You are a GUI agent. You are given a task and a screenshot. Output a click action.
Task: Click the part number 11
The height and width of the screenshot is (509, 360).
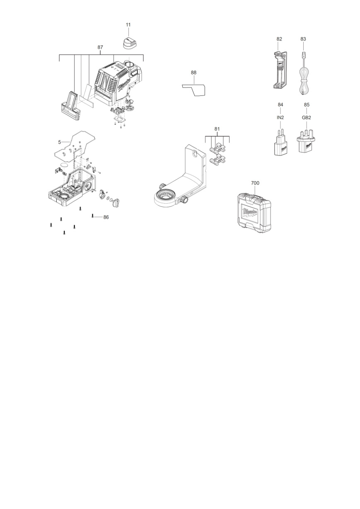point(128,24)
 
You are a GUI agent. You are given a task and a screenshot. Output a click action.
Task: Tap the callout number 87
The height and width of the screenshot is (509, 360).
point(100,47)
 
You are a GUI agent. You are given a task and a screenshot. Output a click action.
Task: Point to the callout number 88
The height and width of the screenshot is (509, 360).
point(193,73)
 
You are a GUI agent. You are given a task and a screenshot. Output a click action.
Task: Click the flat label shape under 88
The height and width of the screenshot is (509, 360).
point(195,90)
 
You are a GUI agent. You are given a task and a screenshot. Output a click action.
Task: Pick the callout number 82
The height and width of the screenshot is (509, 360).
point(279,39)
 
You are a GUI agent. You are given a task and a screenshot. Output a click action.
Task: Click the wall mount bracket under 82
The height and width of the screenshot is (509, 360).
point(280,70)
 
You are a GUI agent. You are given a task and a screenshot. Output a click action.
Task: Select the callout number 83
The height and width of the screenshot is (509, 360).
point(303,39)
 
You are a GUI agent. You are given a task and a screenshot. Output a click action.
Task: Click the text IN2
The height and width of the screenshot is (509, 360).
point(280,117)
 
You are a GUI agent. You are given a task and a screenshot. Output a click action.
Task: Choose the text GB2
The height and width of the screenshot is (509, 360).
point(307,117)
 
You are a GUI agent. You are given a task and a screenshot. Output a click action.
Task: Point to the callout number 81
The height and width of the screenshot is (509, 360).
point(217,129)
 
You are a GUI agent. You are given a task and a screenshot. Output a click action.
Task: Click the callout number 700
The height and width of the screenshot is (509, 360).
point(255,183)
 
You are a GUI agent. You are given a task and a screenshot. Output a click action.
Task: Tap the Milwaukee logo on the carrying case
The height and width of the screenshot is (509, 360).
point(250,213)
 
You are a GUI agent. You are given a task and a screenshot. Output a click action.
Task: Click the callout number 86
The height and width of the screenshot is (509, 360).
point(106,217)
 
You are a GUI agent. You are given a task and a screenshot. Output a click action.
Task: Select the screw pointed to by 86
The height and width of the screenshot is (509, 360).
point(92,216)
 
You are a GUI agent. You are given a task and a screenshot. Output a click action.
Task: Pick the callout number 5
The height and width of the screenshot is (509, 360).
point(60,142)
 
